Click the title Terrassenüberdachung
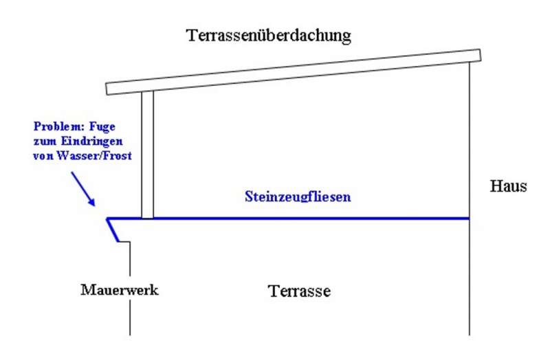click(x=269, y=35)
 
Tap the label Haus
click(x=508, y=186)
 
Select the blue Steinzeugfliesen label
click(x=298, y=196)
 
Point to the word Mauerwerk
click(x=120, y=290)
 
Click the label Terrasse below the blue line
click(x=300, y=291)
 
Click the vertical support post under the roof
click(x=147, y=155)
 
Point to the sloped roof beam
click(x=296, y=71)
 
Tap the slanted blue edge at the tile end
click(x=114, y=231)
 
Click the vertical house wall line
click(x=470, y=275)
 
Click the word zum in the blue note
click(x=43, y=141)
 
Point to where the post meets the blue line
click(x=147, y=218)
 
